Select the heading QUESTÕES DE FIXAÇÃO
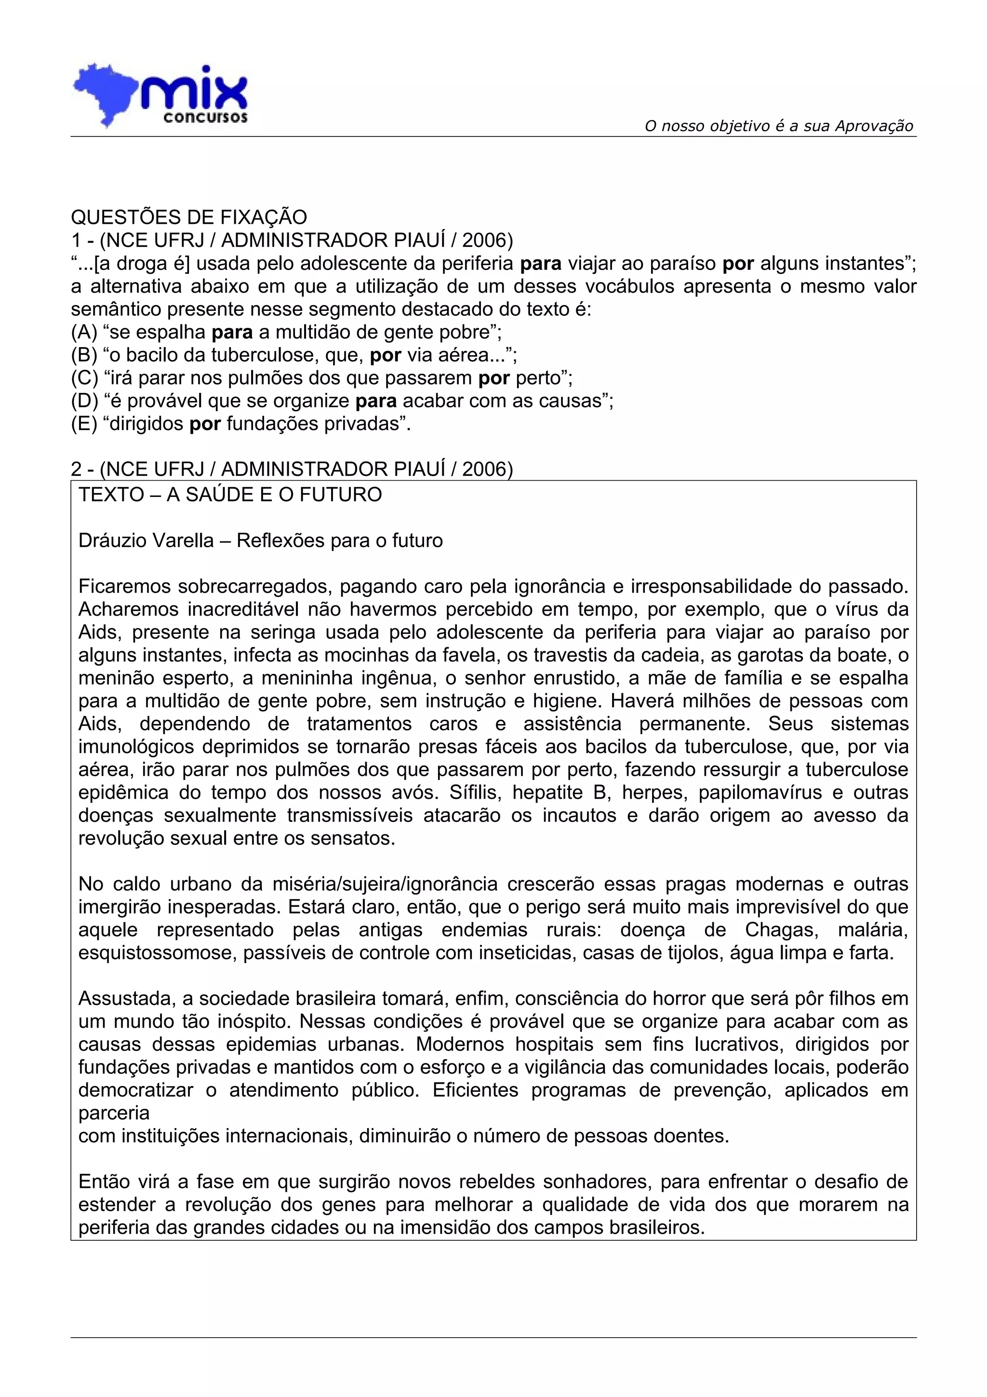click(x=189, y=217)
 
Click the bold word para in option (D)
click(x=375, y=402)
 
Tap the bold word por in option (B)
click(x=385, y=355)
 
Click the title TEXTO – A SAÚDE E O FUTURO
click(x=230, y=495)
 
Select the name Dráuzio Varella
click(x=146, y=540)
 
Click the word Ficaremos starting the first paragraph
click(x=125, y=587)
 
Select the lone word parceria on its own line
click(x=114, y=1114)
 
